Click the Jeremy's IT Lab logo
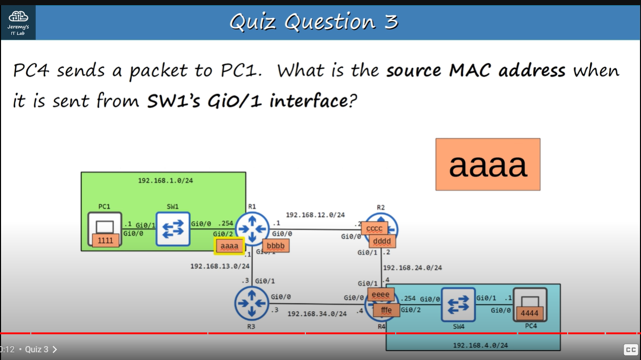pos(18,22)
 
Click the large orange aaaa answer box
pos(488,164)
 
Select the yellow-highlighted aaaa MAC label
pos(229,246)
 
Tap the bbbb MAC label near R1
pos(276,245)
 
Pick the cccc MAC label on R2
pos(374,228)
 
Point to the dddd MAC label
pos(382,241)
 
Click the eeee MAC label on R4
pos(381,295)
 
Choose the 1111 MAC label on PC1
pos(106,240)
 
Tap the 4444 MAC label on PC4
pos(529,312)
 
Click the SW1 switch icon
pos(173,229)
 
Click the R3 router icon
pos(251,304)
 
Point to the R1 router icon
pos(252,229)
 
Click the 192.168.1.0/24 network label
pos(165,180)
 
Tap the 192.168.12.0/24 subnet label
pos(315,215)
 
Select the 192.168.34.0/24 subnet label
pos(317,313)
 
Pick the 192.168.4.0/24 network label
pos(480,345)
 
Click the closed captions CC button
pos(631,350)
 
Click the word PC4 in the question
pos(31,70)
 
